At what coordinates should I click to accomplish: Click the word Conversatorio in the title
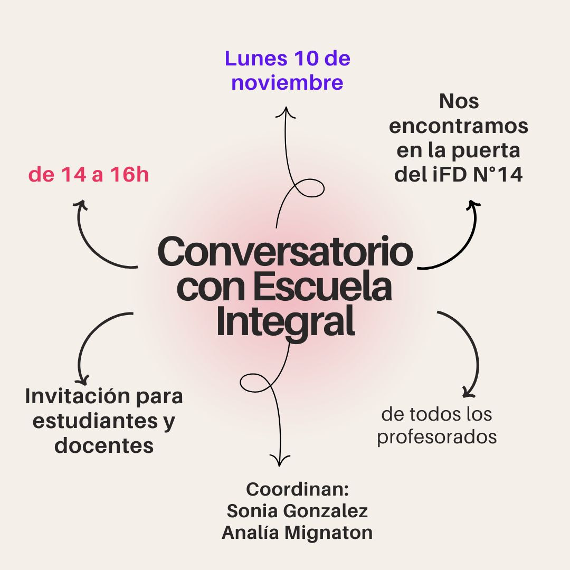(x=285, y=252)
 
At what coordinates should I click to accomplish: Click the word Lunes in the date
(x=254, y=59)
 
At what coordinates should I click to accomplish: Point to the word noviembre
(x=287, y=83)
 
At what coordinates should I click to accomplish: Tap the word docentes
(x=104, y=446)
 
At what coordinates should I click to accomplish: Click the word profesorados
(x=436, y=438)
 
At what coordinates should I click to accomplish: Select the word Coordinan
(x=298, y=489)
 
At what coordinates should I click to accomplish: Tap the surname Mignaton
(x=328, y=533)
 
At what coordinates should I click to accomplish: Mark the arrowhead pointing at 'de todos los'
(x=468, y=393)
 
